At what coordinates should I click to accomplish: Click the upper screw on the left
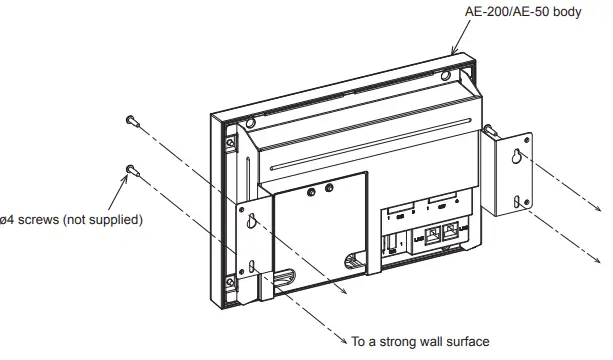coord(133,121)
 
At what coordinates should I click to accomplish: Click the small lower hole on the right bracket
coord(518,204)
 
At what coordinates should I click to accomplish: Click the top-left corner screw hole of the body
coord(231,142)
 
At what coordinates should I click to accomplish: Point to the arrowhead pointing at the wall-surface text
coord(342,338)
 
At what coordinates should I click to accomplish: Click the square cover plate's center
coord(315,230)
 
